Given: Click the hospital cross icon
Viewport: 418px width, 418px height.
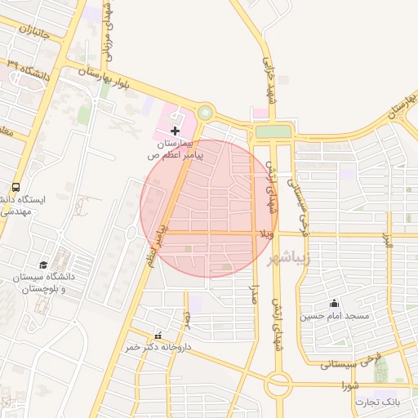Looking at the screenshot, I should pos(176,131).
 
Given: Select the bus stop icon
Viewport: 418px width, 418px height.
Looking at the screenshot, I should pos(16,188).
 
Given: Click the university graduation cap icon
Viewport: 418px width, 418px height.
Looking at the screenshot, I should pos(43,265).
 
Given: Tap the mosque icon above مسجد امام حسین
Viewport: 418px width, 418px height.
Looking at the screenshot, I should pos(333,304).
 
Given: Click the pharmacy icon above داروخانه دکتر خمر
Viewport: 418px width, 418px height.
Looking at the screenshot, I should pos(158,336).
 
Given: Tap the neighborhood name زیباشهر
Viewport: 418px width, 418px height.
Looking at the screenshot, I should pos(289,258).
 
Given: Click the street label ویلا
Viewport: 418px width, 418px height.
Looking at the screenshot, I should pos(265,235).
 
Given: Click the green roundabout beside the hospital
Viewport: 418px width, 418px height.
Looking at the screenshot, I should pos(205,113).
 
